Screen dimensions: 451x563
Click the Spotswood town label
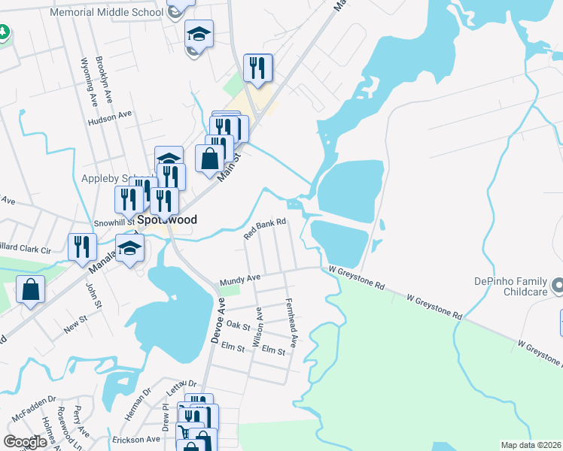(x=166, y=220)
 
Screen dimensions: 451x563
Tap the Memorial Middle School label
(x=106, y=13)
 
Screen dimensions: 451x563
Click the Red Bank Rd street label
(x=265, y=229)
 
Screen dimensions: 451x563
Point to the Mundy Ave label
(x=239, y=280)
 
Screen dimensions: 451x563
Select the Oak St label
(x=237, y=325)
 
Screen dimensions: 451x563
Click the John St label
(x=93, y=294)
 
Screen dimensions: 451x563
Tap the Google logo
(x=26, y=442)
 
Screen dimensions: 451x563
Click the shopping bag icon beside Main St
(x=210, y=159)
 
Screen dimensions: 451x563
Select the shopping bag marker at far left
(x=29, y=290)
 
